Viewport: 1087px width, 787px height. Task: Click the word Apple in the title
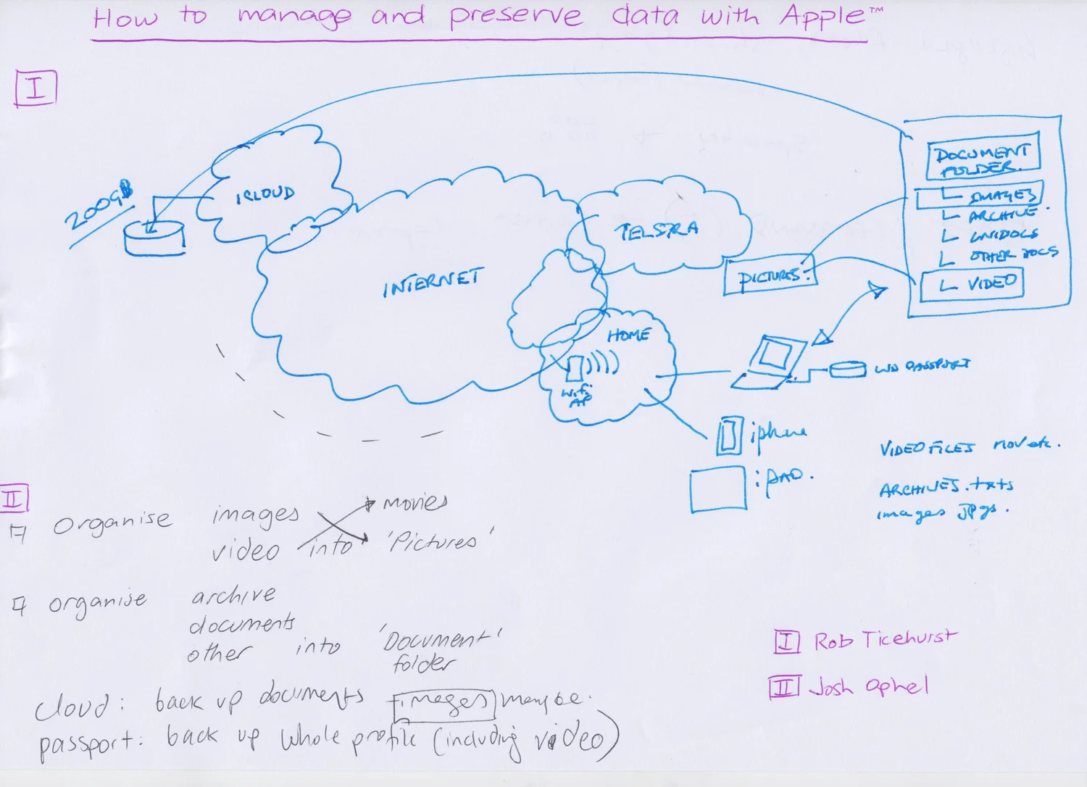pos(822,16)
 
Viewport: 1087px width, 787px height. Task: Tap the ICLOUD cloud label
pos(265,194)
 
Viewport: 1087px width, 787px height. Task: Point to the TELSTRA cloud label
pos(657,231)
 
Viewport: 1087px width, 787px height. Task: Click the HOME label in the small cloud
pos(628,335)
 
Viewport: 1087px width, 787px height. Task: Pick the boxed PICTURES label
pos(769,277)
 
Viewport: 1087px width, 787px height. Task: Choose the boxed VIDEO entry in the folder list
pos(972,284)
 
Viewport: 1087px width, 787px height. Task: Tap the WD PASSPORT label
pos(922,366)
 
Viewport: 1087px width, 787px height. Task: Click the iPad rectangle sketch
pos(717,489)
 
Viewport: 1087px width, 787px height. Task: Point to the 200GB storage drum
pos(154,238)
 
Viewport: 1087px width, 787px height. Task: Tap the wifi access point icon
pos(575,368)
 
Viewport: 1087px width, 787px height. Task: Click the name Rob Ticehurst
pos(884,640)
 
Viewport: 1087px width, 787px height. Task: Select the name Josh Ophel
pos(868,686)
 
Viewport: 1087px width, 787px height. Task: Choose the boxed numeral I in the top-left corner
pos(36,88)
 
